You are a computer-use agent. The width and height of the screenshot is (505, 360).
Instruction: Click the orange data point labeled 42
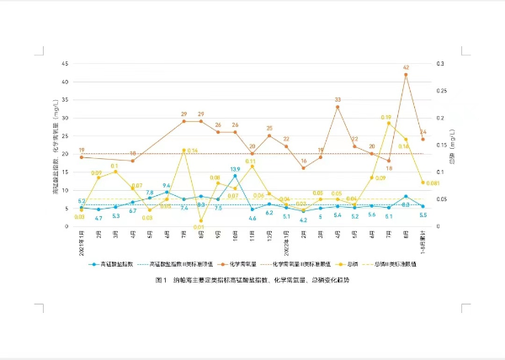pos(406,74)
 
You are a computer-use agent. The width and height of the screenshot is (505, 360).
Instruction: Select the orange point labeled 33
pos(338,107)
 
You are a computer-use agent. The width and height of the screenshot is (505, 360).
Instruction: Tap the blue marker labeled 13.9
pos(235,177)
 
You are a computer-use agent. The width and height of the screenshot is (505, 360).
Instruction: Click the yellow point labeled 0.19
pos(389,123)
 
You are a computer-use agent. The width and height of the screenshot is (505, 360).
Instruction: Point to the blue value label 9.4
pos(167,186)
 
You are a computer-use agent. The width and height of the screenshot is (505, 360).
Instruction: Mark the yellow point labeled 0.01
pos(200,221)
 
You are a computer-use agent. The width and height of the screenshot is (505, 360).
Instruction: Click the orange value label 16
pos(304,161)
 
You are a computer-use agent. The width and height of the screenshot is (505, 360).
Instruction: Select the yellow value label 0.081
pos(432,183)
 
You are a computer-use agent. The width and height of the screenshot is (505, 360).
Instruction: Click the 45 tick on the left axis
pos(66,64)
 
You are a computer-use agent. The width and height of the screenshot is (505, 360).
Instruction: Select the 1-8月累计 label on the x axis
pos(423,241)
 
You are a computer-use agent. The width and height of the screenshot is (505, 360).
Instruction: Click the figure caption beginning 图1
pos(252,278)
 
